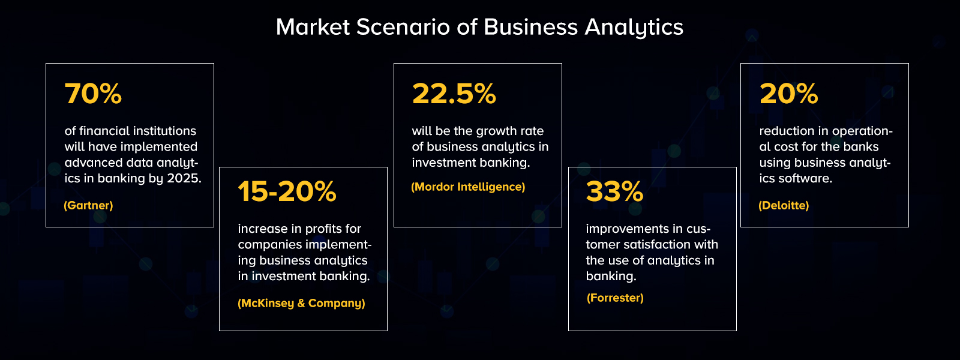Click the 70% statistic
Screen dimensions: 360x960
coord(93,94)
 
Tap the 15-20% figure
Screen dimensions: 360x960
coord(287,192)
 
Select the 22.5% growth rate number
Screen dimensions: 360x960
coord(454,94)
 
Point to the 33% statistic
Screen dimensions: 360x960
coord(614,192)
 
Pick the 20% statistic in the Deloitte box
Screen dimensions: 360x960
coord(788,94)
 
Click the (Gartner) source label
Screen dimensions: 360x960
coord(88,205)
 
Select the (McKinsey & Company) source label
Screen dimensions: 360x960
coord(301,303)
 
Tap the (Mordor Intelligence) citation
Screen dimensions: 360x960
coord(468,187)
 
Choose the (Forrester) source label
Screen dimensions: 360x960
coord(615,298)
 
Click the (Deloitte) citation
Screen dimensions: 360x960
coord(784,205)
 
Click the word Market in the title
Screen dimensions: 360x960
coord(313,27)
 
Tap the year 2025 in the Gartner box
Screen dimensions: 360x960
coord(184,178)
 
